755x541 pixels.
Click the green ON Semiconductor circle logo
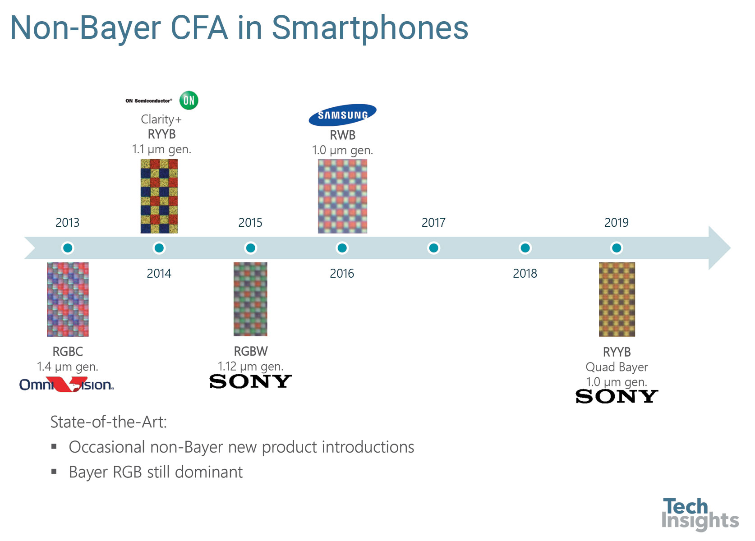tap(189, 100)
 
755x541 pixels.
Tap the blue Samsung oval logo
tap(342, 115)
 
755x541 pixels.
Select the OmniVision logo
tap(66, 385)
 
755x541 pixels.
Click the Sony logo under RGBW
tap(250, 381)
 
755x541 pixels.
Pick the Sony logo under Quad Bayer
tap(617, 396)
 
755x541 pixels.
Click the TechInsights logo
tap(700, 514)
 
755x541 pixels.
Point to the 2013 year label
tap(67, 223)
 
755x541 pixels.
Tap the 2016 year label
tap(342, 273)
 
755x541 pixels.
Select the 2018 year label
tap(525, 273)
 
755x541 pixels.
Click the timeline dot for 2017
tap(433, 248)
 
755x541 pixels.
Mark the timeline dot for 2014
tap(159, 248)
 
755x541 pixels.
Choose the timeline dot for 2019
tap(617, 248)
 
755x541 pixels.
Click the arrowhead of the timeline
tap(730, 248)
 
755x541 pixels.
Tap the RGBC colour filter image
tap(68, 299)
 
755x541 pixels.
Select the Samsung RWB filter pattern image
tap(342, 197)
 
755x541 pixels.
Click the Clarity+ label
tap(161, 119)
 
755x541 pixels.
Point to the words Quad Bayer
tap(617, 367)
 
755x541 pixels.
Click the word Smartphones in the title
tap(370, 28)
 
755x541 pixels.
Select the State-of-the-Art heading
tap(109, 422)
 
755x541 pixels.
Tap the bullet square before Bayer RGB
tap(54, 471)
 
